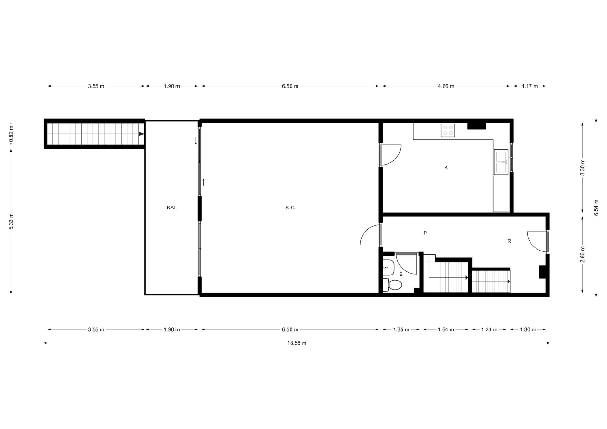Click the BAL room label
click(x=172, y=208)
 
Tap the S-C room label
click(x=290, y=208)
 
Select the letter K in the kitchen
click(x=446, y=167)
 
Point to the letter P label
click(x=425, y=233)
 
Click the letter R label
click(x=509, y=241)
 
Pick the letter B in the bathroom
click(x=401, y=274)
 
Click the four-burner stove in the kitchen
click(x=448, y=130)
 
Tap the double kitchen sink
click(x=501, y=162)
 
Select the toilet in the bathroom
click(x=392, y=285)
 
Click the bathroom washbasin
click(x=388, y=268)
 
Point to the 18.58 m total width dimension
click(x=297, y=343)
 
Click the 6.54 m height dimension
click(x=596, y=208)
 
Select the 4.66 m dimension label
click(x=446, y=86)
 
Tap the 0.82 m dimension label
click(x=11, y=134)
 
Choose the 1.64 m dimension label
click(x=446, y=329)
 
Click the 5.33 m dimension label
click(x=11, y=221)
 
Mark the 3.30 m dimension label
click(x=583, y=167)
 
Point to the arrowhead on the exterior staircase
click(x=142, y=134)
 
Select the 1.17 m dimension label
click(x=530, y=86)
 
